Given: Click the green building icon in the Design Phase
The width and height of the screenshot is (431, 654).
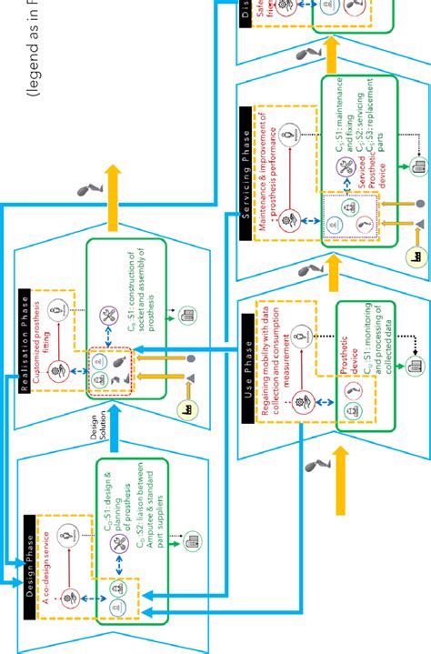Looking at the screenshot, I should click(x=193, y=540).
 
